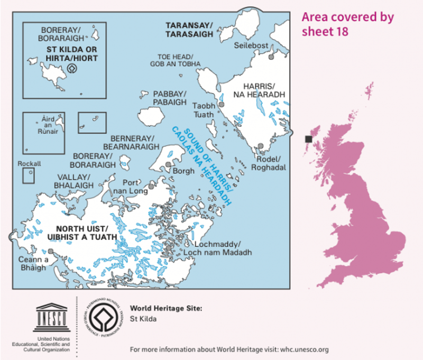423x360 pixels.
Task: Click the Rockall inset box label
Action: [29, 164]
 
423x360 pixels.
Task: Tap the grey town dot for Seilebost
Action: [271, 56]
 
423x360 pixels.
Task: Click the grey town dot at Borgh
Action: [168, 164]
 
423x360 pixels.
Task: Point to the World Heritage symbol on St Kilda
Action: [72, 68]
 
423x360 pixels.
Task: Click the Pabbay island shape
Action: [150, 116]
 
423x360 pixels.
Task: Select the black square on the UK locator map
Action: [308, 139]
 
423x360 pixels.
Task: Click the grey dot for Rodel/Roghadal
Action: [260, 146]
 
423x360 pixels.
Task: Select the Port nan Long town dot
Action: [151, 186]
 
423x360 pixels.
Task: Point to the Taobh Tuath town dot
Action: [222, 105]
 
